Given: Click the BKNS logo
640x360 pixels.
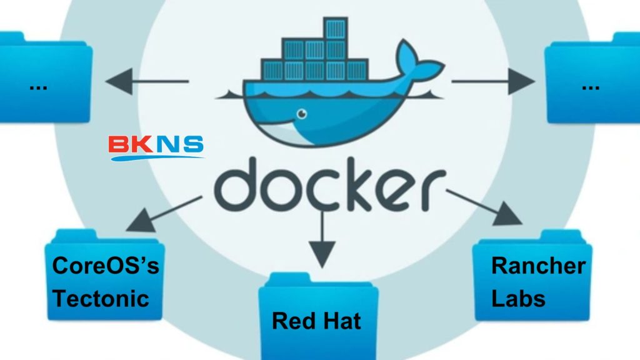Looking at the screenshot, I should (156, 147).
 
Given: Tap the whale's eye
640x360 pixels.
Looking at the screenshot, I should (302, 114).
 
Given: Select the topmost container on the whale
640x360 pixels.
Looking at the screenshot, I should (335, 30).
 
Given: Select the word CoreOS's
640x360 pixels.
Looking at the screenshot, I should (105, 266).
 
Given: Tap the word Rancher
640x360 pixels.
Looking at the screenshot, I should (538, 266).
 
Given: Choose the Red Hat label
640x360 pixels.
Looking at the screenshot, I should (316, 321).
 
